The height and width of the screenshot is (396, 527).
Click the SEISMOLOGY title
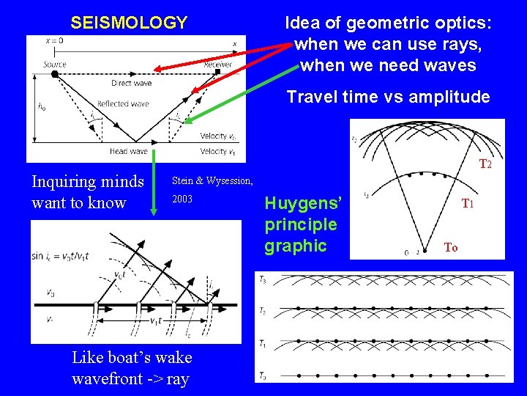(x=129, y=23)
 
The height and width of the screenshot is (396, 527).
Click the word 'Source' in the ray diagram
(x=54, y=65)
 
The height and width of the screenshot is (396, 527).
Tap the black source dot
(x=55, y=74)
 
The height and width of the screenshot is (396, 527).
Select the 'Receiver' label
(x=217, y=65)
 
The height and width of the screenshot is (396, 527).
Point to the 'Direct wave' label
(x=132, y=84)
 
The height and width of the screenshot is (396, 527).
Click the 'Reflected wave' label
(x=122, y=104)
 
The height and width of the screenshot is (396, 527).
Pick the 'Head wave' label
(x=129, y=151)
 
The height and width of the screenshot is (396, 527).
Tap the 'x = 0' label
(x=53, y=41)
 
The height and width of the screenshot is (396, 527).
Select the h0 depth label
(x=42, y=106)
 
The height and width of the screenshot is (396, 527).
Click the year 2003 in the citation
(x=183, y=199)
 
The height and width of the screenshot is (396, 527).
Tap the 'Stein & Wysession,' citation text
(x=212, y=180)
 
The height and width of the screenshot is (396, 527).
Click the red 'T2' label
(x=485, y=165)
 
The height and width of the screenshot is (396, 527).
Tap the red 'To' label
(x=451, y=248)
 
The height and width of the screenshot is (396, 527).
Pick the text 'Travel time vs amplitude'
(x=388, y=97)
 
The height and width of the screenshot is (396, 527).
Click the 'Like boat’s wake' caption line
(x=132, y=357)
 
